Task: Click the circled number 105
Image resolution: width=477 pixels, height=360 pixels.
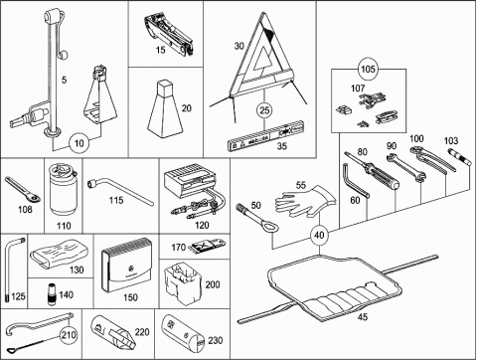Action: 368,69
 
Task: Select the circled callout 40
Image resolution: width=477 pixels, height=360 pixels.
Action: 319,235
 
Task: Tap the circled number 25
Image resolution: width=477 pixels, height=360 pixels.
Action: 264,110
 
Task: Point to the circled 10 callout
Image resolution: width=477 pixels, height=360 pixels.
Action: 79,143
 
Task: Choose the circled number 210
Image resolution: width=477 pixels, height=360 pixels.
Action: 69,335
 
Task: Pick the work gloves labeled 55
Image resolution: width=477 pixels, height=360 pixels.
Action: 305,202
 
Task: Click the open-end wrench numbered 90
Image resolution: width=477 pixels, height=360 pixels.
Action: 405,168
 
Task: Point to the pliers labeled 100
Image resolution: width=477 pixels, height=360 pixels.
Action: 432,159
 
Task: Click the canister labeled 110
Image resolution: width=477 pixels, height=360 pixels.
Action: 63,190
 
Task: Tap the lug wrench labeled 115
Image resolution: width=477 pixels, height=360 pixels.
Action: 120,192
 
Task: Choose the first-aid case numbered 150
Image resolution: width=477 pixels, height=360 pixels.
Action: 127,266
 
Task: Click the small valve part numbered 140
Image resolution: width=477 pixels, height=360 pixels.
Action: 51,293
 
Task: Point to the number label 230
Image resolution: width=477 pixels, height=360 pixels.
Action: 215,340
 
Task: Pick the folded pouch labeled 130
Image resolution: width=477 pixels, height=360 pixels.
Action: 60,256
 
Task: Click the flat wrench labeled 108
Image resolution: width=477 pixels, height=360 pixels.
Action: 23,190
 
